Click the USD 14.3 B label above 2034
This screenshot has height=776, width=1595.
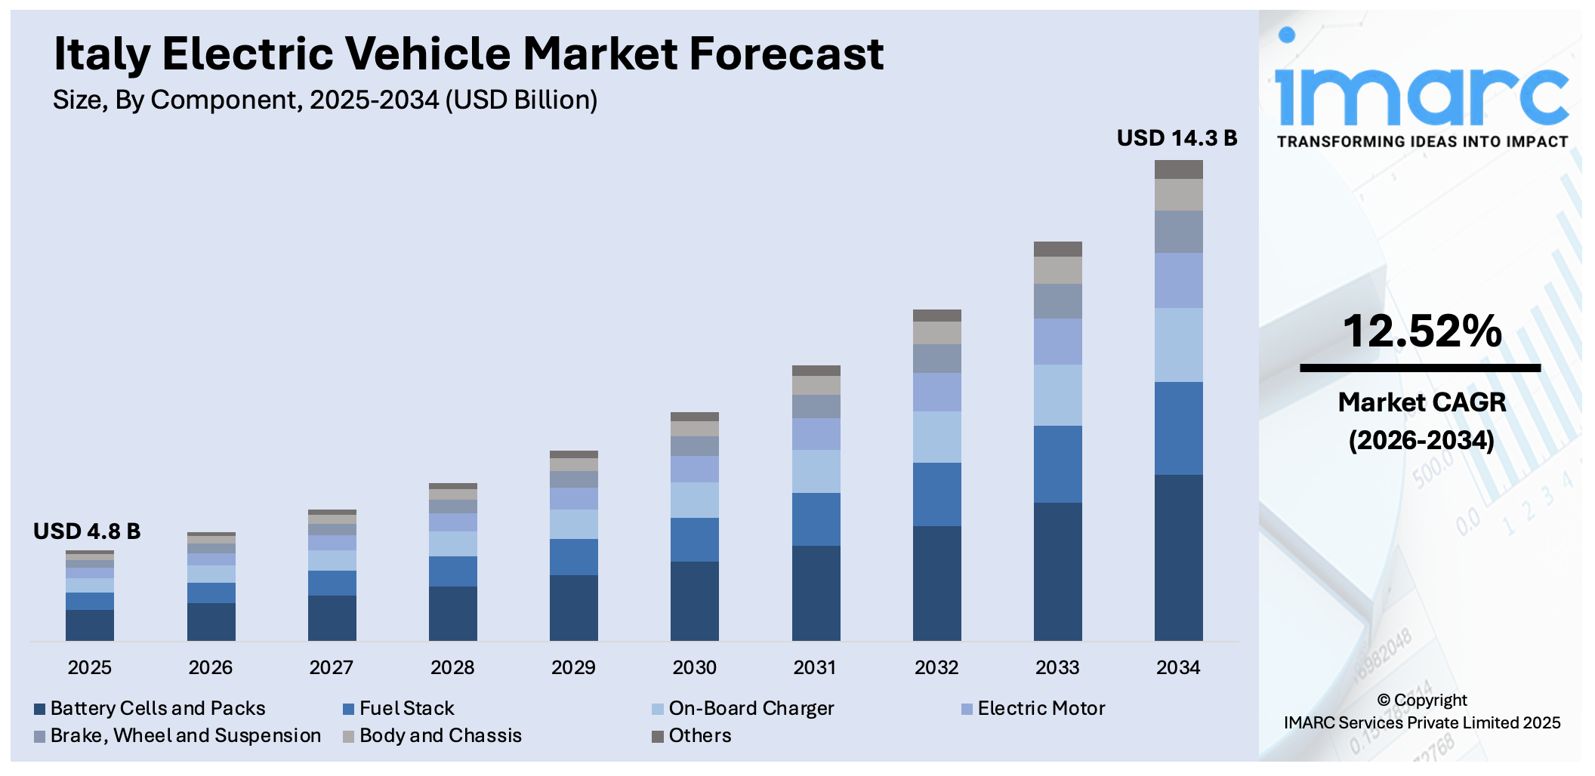tap(1177, 138)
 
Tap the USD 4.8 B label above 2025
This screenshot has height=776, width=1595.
tap(87, 531)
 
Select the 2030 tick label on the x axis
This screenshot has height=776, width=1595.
tap(694, 667)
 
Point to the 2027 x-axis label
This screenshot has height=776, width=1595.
tap(331, 667)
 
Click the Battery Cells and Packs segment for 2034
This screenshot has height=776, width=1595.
tap(1178, 557)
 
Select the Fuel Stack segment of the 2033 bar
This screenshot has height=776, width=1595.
tap(1057, 463)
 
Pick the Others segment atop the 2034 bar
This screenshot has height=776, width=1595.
tap(1178, 169)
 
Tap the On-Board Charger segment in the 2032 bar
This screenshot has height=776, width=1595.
tap(936, 436)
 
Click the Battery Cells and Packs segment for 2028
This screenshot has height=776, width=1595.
tap(452, 613)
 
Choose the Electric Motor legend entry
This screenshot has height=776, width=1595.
tap(1040, 708)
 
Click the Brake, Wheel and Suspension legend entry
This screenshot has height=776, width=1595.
tap(185, 735)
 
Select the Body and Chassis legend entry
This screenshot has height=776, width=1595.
tap(440, 735)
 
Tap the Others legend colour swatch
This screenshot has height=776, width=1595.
tap(658, 736)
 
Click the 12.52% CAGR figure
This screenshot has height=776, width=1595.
tap(1421, 331)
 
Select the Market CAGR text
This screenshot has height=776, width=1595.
tap(1421, 402)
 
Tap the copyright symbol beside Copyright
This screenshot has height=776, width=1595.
tap(1384, 701)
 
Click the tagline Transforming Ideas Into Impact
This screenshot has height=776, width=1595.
tap(1421, 142)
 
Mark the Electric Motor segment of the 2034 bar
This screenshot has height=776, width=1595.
tap(1178, 280)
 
